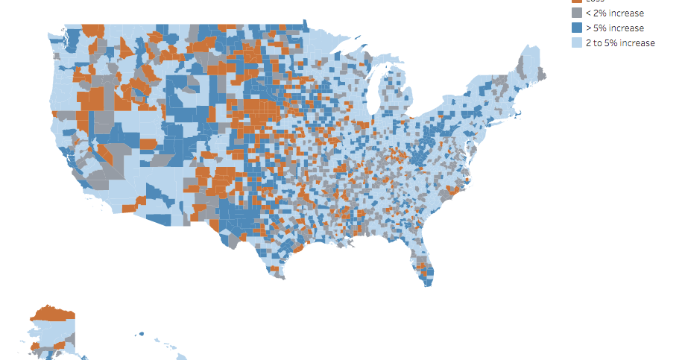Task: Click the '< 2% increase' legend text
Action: coord(615,13)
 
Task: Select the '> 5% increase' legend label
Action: coord(615,28)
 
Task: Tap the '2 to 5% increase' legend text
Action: coord(619,43)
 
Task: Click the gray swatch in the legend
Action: coord(576,13)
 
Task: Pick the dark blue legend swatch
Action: coord(576,28)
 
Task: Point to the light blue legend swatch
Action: coord(576,43)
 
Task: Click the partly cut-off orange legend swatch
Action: coord(576,1)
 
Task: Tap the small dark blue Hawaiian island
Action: coord(139,334)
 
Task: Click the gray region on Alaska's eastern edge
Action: coord(71,339)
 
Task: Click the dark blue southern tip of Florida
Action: coord(428,279)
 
